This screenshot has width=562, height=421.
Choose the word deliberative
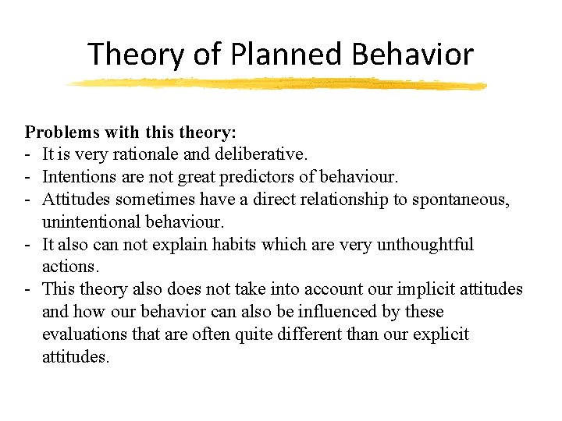point(246,155)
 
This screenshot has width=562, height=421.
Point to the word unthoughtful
point(425,245)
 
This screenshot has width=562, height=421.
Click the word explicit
point(442,334)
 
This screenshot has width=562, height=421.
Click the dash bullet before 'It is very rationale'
point(27,155)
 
